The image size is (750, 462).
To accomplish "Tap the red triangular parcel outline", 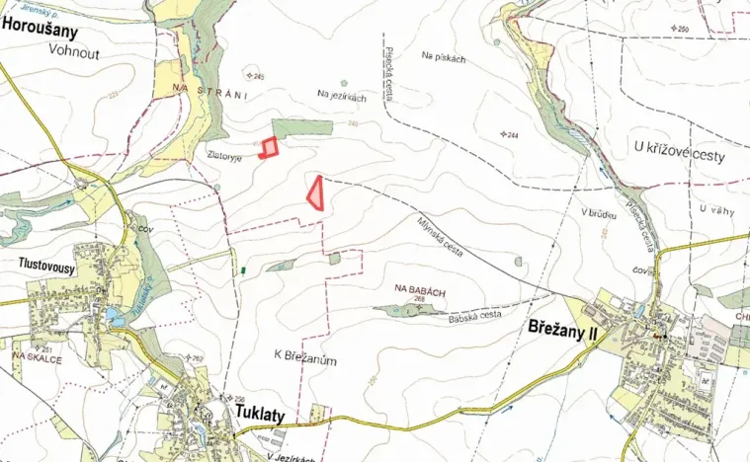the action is [315, 192].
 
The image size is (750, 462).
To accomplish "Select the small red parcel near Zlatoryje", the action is [268, 148].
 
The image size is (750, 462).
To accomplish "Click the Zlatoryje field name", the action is [225, 155].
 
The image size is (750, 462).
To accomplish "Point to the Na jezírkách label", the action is [342, 95].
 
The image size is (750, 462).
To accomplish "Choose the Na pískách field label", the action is [443, 58].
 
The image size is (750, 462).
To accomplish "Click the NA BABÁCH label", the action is [414, 288].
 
